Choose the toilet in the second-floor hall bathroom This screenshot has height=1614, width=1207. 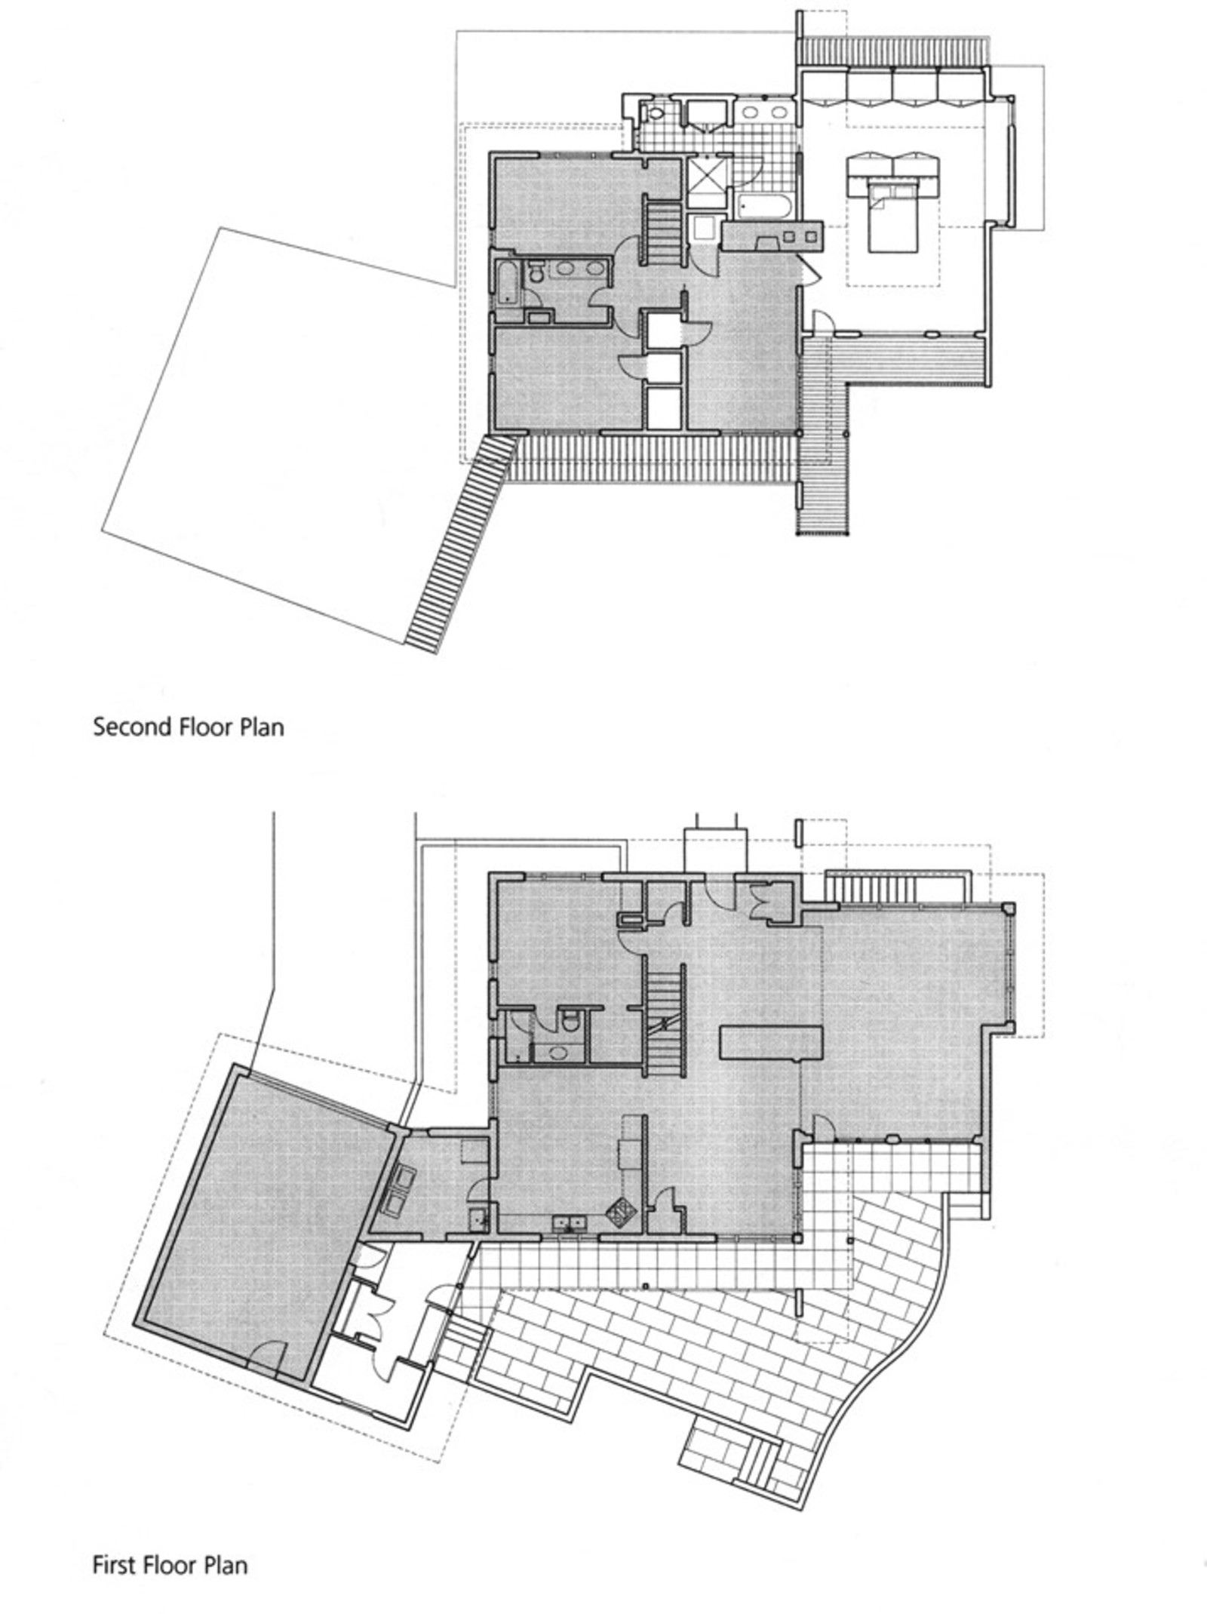(x=537, y=272)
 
